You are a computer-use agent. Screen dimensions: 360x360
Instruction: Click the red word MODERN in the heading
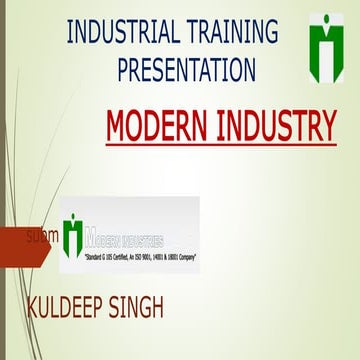click(156, 126)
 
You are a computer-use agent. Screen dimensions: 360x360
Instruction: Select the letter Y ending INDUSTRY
click(326, 126)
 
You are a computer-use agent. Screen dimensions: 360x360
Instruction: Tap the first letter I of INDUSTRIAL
click(70, 32)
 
